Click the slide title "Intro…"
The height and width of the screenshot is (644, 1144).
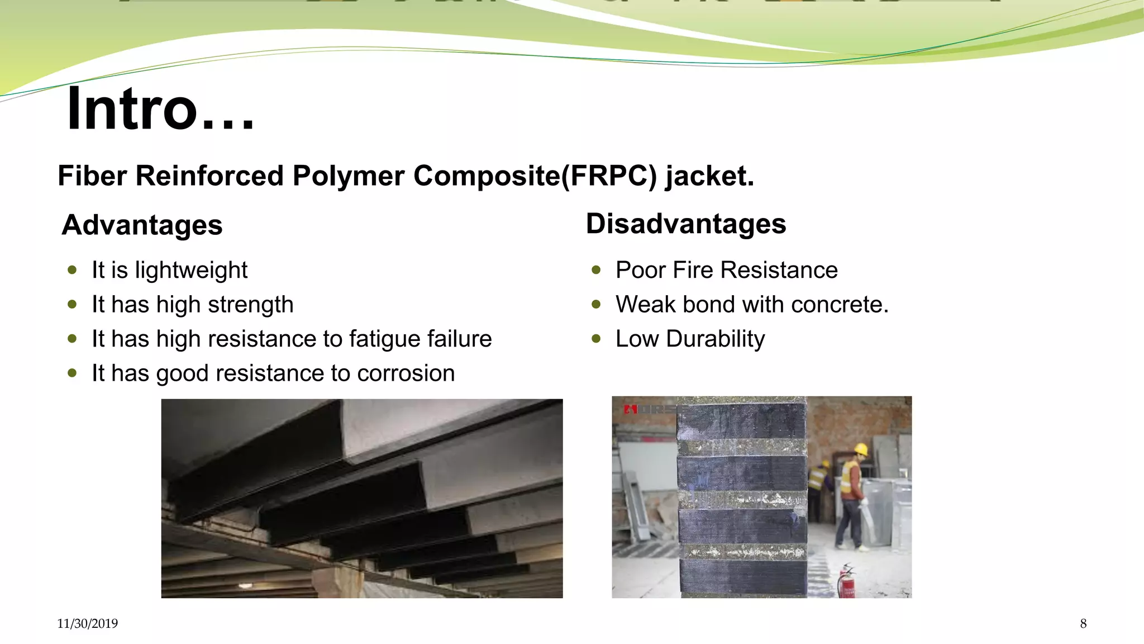click(160, 109)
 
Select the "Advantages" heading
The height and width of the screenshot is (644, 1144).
click(142, 225)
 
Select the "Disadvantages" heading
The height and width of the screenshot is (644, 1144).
click(685, 224)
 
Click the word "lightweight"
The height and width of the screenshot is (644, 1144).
click(191, 271)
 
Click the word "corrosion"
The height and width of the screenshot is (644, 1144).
click(406, 373)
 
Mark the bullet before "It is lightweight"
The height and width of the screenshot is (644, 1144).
click(72, 270)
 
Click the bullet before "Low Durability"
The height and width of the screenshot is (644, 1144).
click(596, 339)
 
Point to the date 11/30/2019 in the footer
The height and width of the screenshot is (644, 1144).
click(87, 624)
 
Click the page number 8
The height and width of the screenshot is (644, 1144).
click(1083, 624)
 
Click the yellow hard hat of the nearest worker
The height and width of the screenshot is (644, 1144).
click(861, 449)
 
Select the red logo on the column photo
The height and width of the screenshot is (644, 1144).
click(631, 410)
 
